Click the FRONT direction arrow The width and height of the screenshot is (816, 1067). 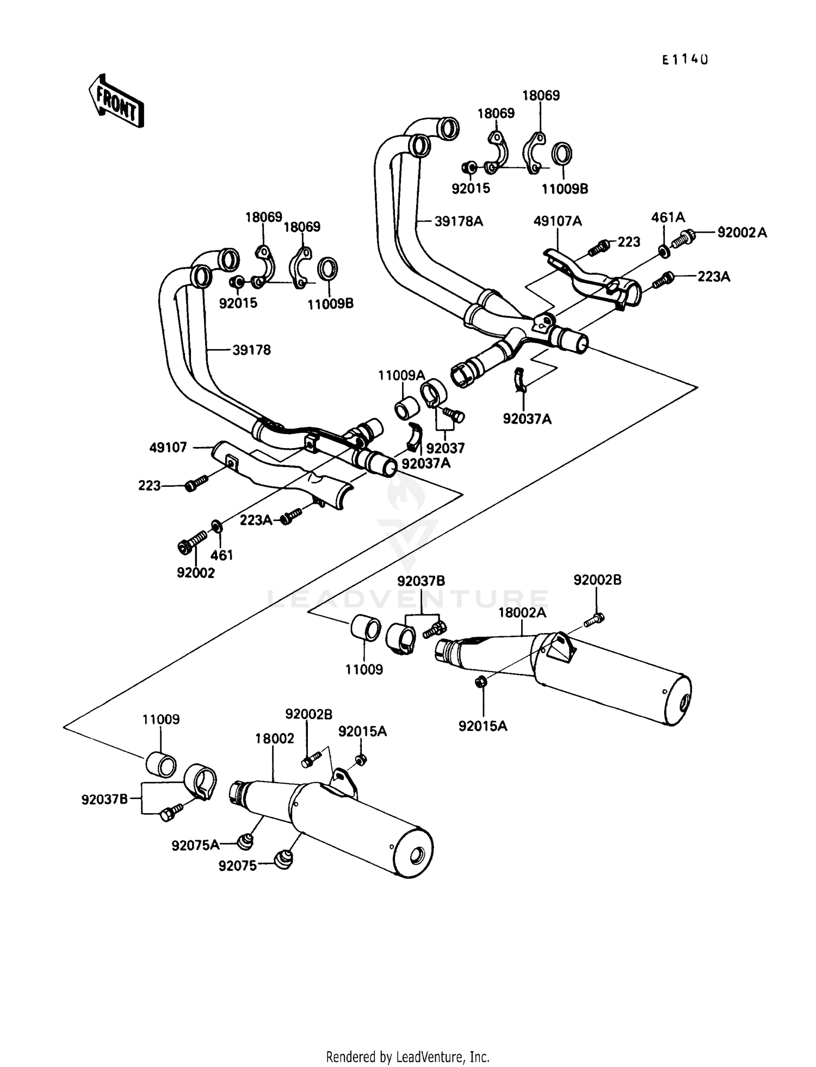pyautogui.click(x=116, y=102)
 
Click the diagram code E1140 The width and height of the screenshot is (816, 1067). pyautogui.click(x=684, y=60)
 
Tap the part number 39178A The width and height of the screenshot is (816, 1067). pyautogui.click(x=459, y=221)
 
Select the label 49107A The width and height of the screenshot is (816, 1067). pyautogui.click(x=558, y=221)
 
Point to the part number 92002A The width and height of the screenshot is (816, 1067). pyautogui.click(x=742, y=233)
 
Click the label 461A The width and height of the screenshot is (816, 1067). pyautogui.click(x=668, y=218)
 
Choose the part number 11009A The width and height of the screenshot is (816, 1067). pyautogui.click(x=401, y=375)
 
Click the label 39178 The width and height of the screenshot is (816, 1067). pyautogui.click(x=251, y=350)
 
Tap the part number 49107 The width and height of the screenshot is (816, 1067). pyautogui.click(x=168, y=447)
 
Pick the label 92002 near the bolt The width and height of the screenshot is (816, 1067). pyautogui.click(x=196, y=573)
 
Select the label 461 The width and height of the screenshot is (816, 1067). pyautogui.click(x=221, y=555)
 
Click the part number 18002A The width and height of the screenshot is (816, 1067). pyautogui.click(x=522, y=612)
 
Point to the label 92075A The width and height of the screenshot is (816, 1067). pyautogui.click(x=195, y=845)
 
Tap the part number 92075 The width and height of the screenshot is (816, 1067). pyautogui.click(x=237, y=865)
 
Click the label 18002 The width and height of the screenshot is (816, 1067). pyautogui.click(x=275, y=738)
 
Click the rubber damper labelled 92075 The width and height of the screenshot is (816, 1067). pyautogui.click(x=283, y=859)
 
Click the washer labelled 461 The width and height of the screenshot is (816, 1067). pyautogui.click(x=216, y=525)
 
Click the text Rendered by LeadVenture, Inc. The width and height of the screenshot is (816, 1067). pyautogui.click(x=407, y=1057)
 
